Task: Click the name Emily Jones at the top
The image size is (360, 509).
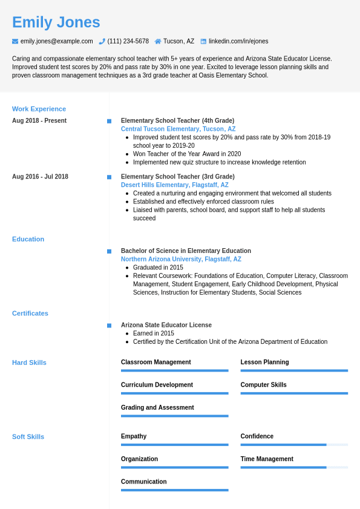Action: coord(56,22)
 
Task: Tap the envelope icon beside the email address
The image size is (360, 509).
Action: coord(15,41)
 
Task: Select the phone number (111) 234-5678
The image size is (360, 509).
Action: coord(128,41)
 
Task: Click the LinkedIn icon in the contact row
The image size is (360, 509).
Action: coord(203,41)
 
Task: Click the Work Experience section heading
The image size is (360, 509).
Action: coord(39,109)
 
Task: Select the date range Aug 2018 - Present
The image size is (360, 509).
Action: coord(39,120)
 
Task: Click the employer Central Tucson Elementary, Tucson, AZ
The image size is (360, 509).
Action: coord(178,129)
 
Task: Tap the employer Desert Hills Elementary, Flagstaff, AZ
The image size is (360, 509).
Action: coord(174,185)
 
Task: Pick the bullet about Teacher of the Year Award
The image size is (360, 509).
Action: coord(187,154)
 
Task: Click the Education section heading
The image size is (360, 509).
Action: coord(28,239)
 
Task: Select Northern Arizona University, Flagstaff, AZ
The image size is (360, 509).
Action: coord(181,259)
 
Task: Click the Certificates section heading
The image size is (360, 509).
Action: coord(30,314)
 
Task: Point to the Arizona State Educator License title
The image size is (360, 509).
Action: coord(166,325)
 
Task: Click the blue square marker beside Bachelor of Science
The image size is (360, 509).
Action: coord(109,251)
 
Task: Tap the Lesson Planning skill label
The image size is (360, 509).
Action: coord(264,362)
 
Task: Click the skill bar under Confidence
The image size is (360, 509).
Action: coord(294,445)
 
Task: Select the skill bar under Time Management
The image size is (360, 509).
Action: coord(294,467)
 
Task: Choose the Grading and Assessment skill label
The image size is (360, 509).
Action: coord(157,407)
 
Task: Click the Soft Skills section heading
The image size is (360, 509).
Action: coord(28,437)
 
